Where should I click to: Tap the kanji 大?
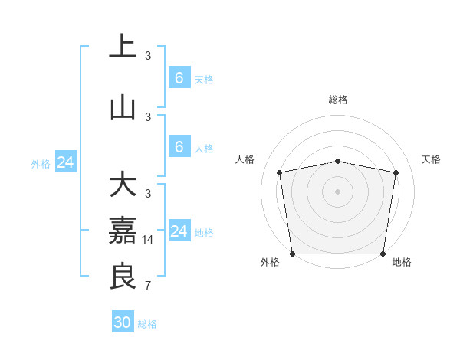point(123,186)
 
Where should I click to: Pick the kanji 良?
point(123,276)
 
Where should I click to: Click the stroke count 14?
point(149,240)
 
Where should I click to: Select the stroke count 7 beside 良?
point(148,286)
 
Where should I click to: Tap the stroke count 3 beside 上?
point(148,56)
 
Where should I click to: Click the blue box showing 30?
point(123,322)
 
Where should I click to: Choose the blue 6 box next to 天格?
point(179,78)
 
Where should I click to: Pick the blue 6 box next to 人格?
point(179,147)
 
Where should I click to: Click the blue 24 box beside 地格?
point(179,231)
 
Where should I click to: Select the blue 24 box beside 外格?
point(66,162)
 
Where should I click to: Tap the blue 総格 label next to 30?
point(148,324)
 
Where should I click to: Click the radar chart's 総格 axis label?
point(338,100)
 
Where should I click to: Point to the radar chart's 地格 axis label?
point(402,262)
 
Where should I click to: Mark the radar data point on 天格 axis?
point(396,172)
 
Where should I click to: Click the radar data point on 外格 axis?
point(292,254)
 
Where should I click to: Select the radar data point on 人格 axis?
point(280,172)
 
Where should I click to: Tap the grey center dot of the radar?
point(338,191)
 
